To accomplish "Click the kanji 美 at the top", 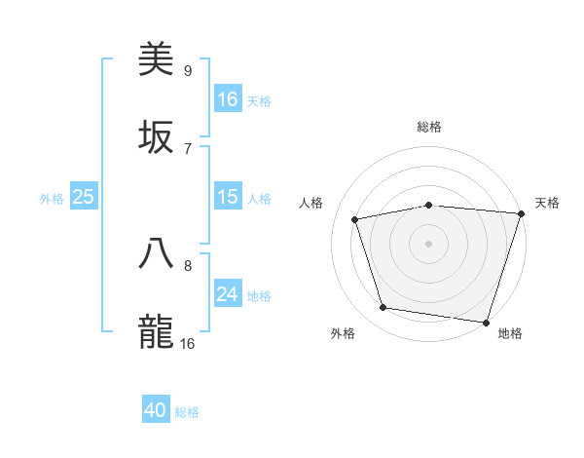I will click(156, 60).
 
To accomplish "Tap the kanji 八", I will click(156, 253).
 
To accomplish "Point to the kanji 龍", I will click(156, 331).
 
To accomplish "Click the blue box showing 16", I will click(228, 99).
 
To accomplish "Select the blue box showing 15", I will click(228, 198).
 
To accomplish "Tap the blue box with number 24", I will click(228, 295).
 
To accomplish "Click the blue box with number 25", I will click(84, 198).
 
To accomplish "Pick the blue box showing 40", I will click(156, 411).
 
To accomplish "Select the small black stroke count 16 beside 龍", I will click(187, 343).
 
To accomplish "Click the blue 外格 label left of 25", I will click(52, 199).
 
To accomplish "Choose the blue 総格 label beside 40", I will click(187, 412).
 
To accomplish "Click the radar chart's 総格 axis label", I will click(429, 127).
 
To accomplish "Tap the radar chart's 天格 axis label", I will click(547, 203).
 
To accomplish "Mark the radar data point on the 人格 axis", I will click(356, 219).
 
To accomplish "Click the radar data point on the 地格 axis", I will click(486, 322).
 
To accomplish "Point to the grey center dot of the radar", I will click(429, 243).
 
